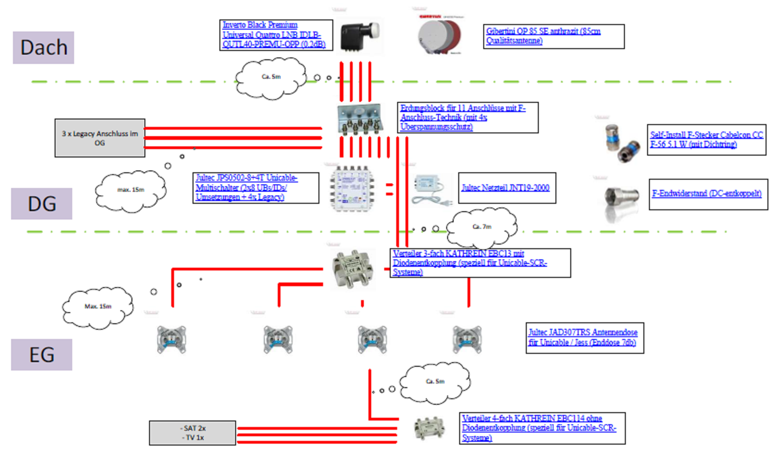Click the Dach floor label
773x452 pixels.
44,48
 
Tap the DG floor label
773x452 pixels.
42,204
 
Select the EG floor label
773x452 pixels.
42,355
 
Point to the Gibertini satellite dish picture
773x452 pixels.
439,35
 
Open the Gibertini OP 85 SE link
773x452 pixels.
543,36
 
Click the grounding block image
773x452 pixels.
360,119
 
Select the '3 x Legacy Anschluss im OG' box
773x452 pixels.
100,138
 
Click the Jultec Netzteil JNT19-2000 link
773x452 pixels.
505,188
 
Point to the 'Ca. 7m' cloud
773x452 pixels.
482,226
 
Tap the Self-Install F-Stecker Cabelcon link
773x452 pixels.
706,139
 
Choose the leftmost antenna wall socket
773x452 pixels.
172,339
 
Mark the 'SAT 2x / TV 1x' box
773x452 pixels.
193,433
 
